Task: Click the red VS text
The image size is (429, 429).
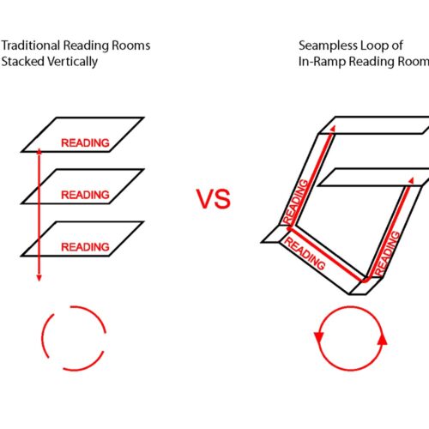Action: pyautogui.click(x=214, y=199)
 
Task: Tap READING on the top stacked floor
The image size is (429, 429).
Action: pyautogui.click(x=85, y=142)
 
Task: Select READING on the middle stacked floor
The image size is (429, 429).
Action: pyautogui.click(x=85, y=195)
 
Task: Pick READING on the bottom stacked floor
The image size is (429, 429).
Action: pyautogui.click(x=85, y=247)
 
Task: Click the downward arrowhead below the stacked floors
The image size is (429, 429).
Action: pyautogui.click(x=39, y=278)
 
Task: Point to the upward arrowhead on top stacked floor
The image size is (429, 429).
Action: pyautogui.click(x=39, y=152)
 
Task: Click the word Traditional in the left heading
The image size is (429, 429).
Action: pyautogui.click(x=31, y=45)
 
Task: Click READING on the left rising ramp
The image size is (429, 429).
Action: pyautogui.click(x=295, y=202)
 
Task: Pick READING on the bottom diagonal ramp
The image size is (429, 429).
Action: pyautogui.click(x=305, y=254)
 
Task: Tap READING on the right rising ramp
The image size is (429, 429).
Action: pyautogui.click(x=387, y=253)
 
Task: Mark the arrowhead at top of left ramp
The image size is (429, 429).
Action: pyautogui.click(x=332, y=128)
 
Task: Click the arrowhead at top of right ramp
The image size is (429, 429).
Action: pyautogui.click(x=411, y=181)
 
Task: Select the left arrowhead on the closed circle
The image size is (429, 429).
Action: pyautogui.click(x=318, y=337)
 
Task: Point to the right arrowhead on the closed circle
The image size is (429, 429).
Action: pyautogui.click(x=383, y=340)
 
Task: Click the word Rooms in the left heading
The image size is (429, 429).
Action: pyautogui.click(x=131, y=45)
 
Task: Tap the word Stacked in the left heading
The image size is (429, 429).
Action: pyautogui.click(x=22, y=62)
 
